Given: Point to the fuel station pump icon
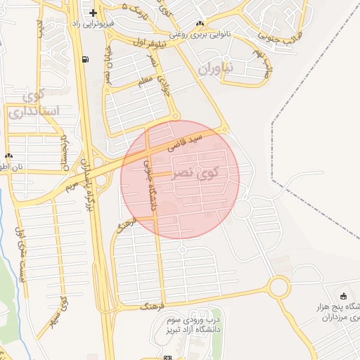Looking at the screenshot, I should point(85,59).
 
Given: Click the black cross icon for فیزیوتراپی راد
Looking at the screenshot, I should point(94,13).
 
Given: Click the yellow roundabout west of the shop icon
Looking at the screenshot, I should point(279,287).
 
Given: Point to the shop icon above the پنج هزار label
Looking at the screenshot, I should point(343,296).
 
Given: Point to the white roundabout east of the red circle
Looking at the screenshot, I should point(243,209).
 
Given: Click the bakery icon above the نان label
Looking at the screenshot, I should point(8,157).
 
